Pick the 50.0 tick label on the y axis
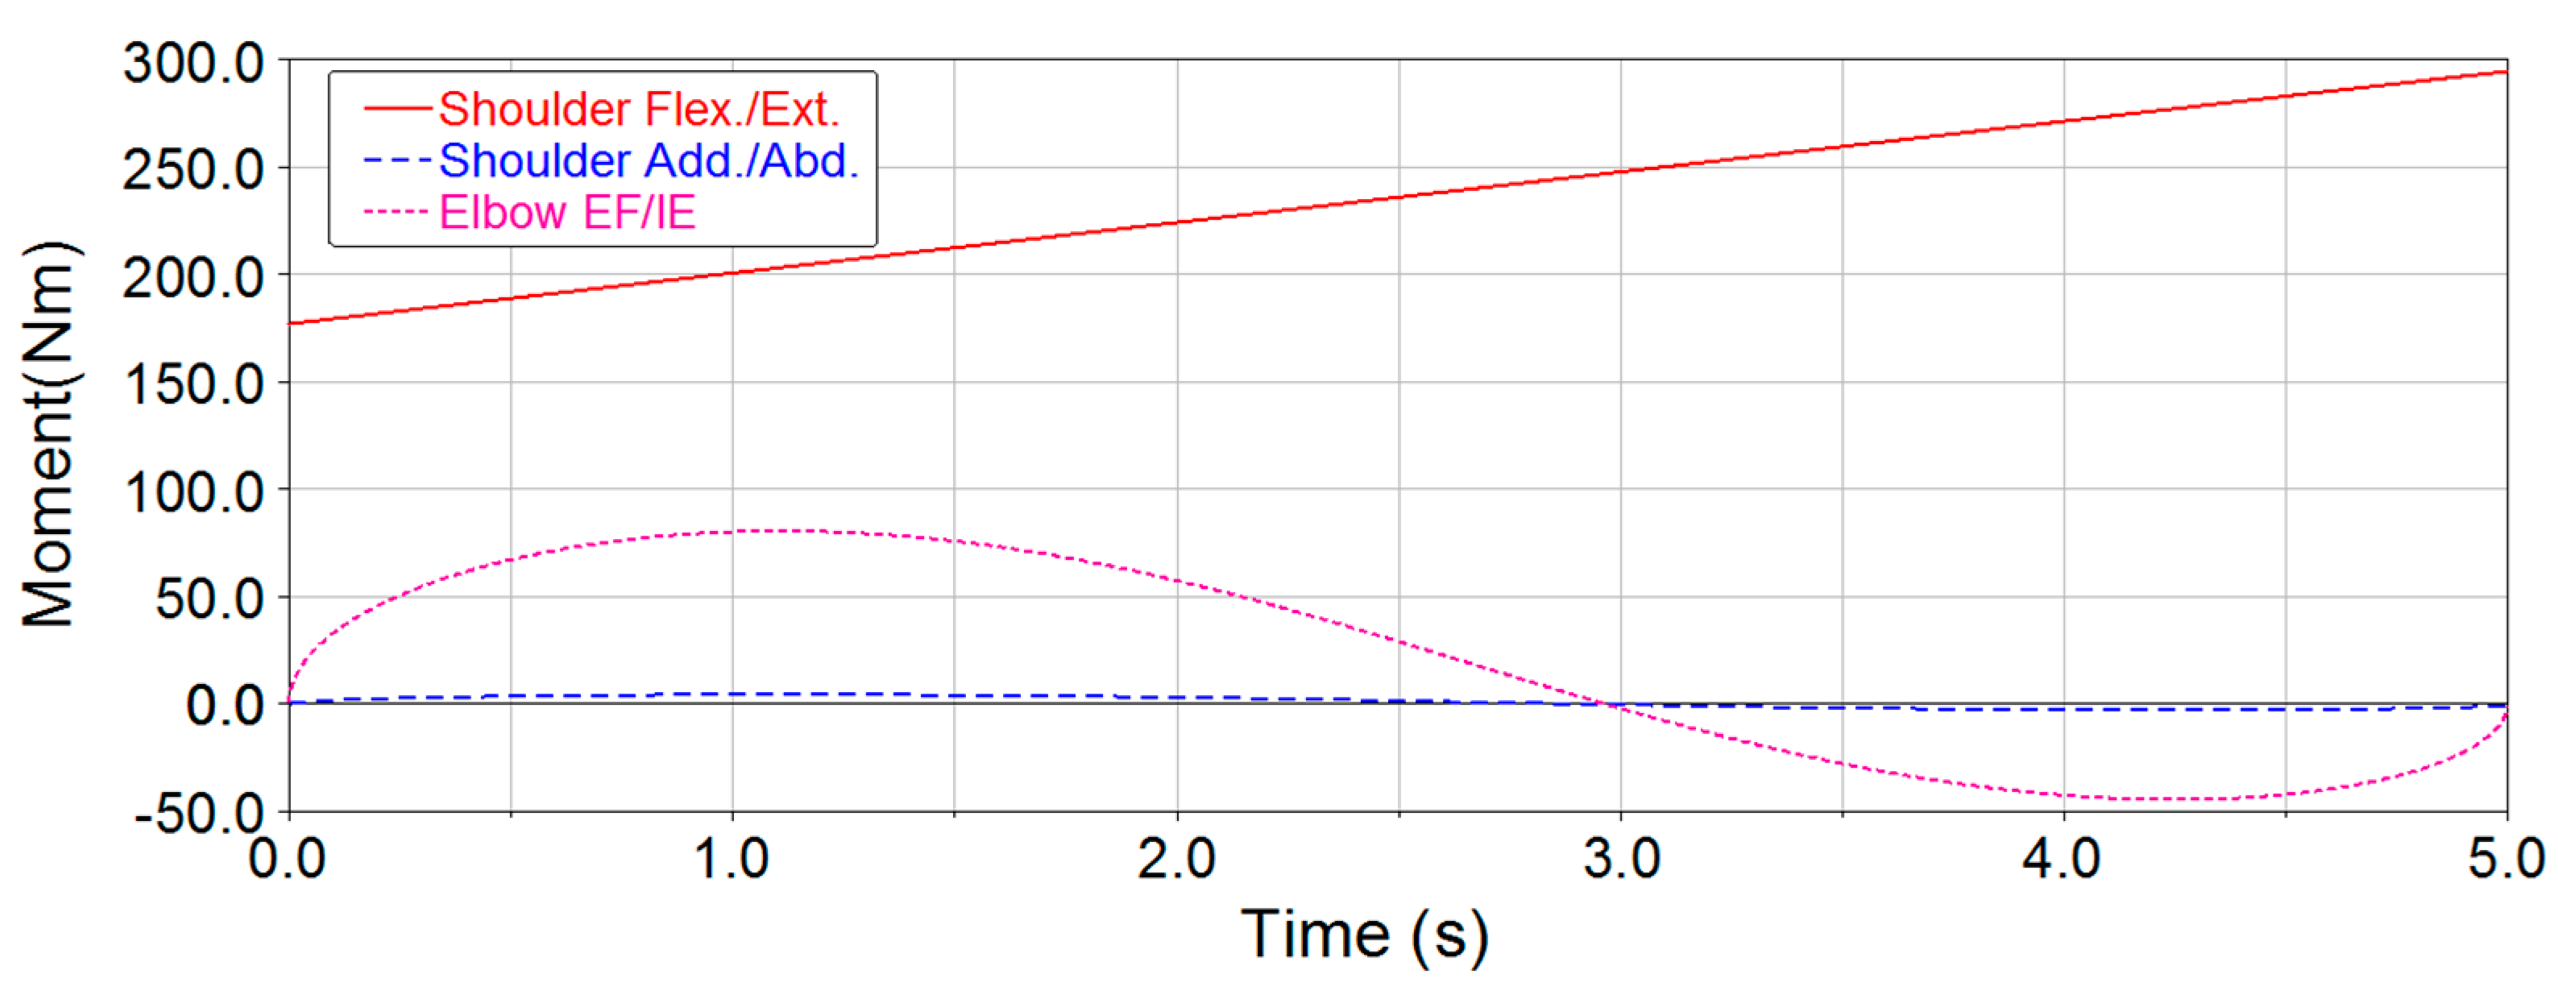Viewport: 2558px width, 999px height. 209,599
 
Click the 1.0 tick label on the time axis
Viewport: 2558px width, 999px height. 732,859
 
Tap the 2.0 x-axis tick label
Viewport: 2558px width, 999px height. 1177,859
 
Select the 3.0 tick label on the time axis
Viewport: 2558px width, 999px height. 1620,859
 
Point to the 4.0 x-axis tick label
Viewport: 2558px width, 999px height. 2063,859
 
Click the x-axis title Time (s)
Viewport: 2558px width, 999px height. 1364,935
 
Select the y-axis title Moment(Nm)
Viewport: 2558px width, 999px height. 50,434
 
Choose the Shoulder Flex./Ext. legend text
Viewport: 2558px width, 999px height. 639,110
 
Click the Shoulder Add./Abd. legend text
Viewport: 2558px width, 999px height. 649,161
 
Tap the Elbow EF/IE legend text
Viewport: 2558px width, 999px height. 567,213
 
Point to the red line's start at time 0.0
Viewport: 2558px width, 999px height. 289,324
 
